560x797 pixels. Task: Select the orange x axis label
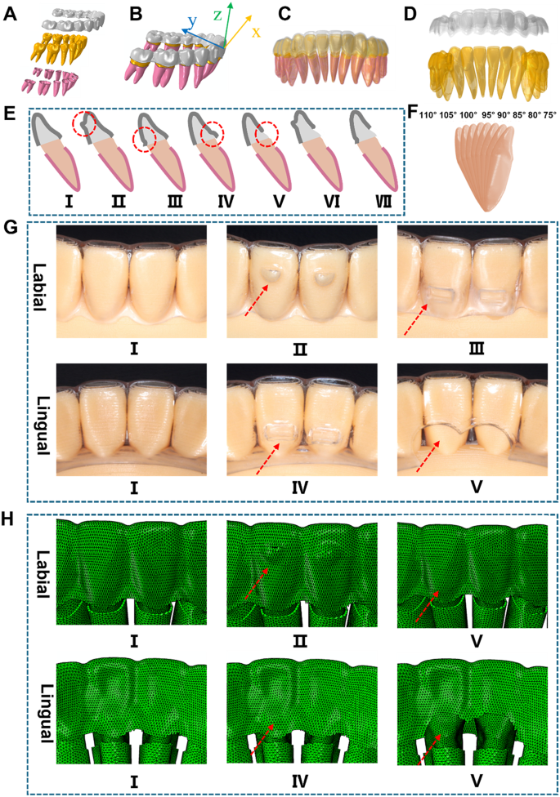pyautogui.click(x=256, y=32)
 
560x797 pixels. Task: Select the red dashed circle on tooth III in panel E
pyautogui.click(x=145, y=138)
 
